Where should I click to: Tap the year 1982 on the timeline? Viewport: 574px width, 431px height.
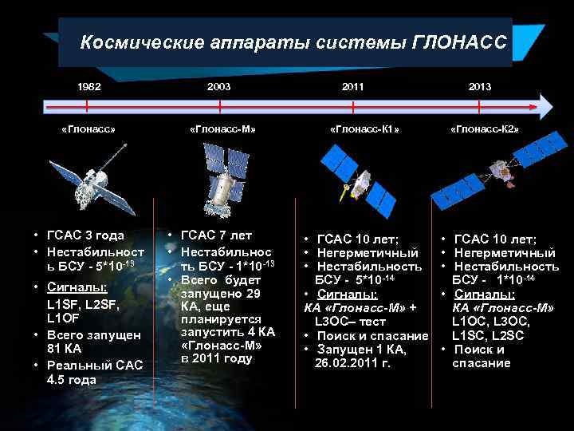(88, 86)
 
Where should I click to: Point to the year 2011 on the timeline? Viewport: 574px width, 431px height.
(353, 86)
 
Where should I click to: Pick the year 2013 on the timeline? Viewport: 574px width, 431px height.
(480, 86)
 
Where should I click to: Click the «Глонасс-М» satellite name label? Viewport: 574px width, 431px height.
(223, 128)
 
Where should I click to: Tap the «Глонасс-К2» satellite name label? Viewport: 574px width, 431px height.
(485, 128)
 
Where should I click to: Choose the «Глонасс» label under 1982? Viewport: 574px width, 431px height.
(88, 128)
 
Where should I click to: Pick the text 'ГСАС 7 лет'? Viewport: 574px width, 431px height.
(217, 235)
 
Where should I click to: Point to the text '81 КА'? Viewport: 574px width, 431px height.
(66, 349)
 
